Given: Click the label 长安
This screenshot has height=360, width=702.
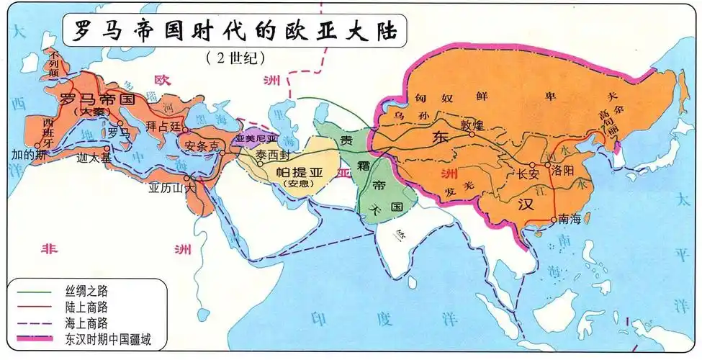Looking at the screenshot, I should (x=528, y=174).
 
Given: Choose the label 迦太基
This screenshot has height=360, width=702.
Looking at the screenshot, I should (x=94, y=159).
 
